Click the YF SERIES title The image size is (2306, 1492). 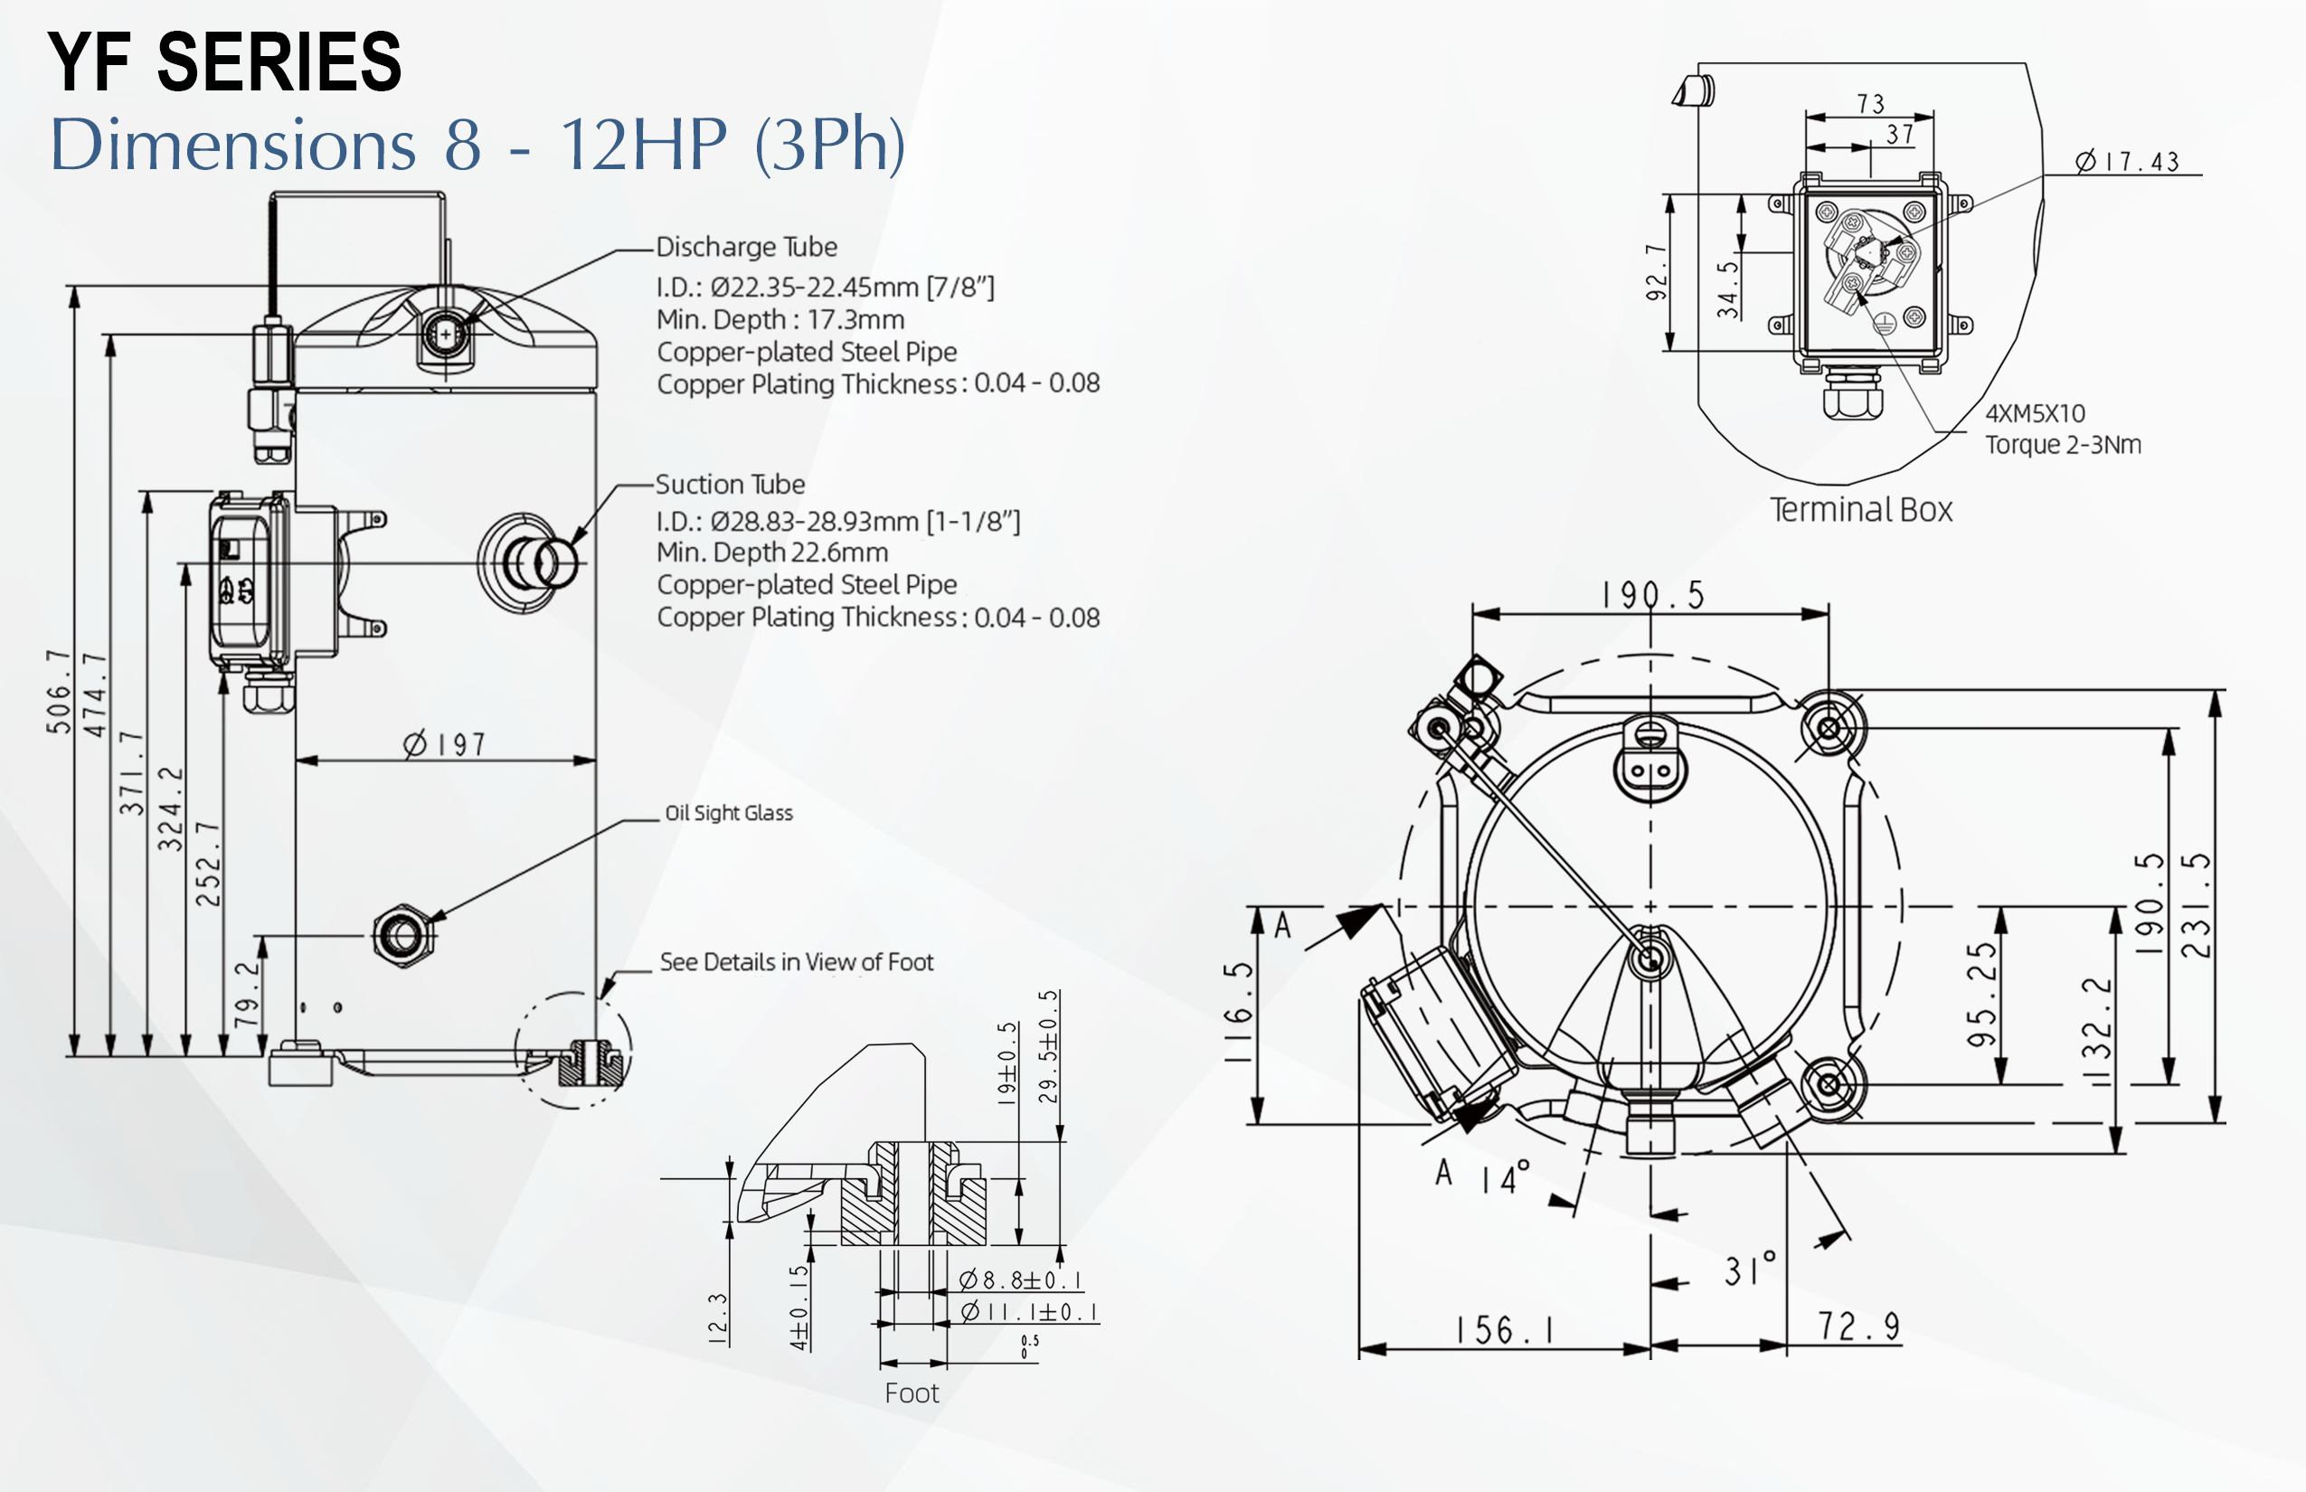[x=224, y=61]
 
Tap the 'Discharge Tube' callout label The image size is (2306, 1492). [x=746, y=247]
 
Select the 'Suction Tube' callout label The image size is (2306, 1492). [x=730, y=485]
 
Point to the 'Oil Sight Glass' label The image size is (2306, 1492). [x=729, y=813]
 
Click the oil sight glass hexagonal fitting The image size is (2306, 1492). [x=403, y=936]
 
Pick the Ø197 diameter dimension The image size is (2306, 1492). [x=445, y=744]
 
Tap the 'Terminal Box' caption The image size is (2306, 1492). [x=1860, y=510]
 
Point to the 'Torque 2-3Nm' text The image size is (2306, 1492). [x=2063, y=445]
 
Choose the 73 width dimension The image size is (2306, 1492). [x=1870, y=104]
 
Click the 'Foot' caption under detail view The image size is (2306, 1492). [x=911, y=1393]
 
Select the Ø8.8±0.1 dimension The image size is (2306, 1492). [x=1020, y=1280]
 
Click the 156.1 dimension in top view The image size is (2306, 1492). [x=1505, y=1330]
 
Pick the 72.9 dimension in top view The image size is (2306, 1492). [x=1857, y=1327]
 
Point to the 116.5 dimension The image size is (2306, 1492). [x=1238, y=1013]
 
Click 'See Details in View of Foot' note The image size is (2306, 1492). [x=796, y=962]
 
